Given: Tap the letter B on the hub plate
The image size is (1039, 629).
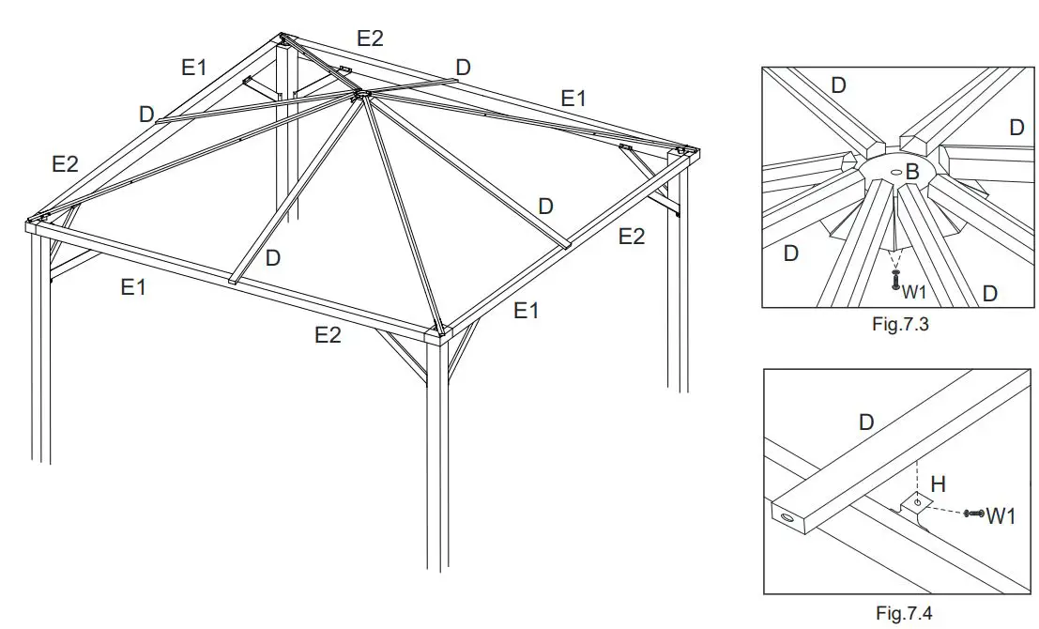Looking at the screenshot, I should click(911, 173).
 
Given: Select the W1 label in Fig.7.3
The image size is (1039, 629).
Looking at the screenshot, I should click(915, 292).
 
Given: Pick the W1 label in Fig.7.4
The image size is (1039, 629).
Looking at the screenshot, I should click(1001, 514).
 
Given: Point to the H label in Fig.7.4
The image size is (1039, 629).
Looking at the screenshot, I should click(938, 484).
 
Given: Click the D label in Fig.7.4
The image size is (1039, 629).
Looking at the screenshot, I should click(866, 422).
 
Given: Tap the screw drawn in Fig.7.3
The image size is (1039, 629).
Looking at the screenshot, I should click(897, 279).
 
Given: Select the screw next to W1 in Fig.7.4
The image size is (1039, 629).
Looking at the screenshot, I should click(973, 514).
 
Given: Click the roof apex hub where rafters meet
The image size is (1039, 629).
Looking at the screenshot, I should click(359, 95).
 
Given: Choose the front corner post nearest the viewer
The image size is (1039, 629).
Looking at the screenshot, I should click(436, 451).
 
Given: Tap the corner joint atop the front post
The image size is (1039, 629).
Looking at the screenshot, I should click(438, 331).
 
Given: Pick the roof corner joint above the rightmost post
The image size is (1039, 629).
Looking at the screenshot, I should click(685, 152).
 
